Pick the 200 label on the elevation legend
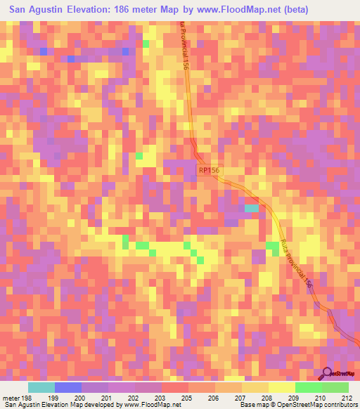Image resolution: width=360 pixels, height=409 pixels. click(x=82, y=397)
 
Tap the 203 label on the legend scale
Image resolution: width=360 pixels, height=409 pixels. click(x=162, y=397)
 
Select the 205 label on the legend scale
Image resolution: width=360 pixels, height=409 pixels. click(x=215, y=397)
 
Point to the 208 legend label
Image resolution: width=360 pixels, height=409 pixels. click(x=295, y=397)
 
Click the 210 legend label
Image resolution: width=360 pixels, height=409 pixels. click(x=321, y=397)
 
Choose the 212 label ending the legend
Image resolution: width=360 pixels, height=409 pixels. click(x=348, y=397)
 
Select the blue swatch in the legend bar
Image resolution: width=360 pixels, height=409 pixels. click(x=68, y=387)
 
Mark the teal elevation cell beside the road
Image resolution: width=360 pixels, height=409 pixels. click(x=250, y=208)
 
